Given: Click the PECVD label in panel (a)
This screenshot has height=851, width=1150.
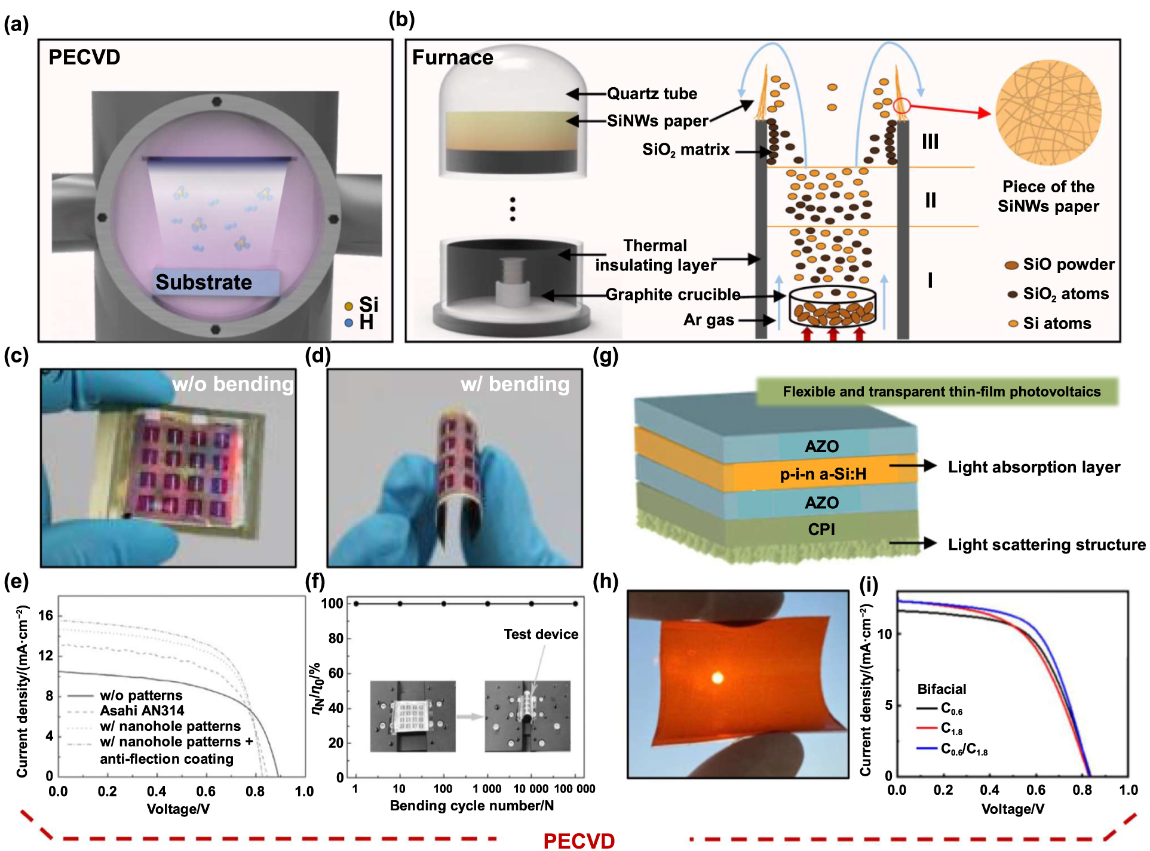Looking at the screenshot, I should pyautogui.click(x=84, y=57).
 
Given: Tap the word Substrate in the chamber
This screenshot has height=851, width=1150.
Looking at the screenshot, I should pyautogui.click(x=204, y=282).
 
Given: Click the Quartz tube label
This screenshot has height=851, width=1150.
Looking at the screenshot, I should pyautogui.click(x=652, y=94).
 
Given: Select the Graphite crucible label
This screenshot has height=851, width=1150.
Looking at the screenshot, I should pyautogui.click(x=673, y=294).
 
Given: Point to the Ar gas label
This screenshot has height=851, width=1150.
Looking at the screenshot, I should pyautogui.click(x=709, y=320).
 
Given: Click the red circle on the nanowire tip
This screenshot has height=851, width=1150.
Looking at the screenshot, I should pyautogui.click(x=902, y=106).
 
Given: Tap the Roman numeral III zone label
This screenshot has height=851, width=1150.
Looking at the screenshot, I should pyautogui.click(x=930, y=142).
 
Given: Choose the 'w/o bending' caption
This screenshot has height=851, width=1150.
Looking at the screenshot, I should pyautogui.click(x=233, y=384).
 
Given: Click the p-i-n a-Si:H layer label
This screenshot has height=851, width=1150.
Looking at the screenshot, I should pyautogui.click(x=823, y=474).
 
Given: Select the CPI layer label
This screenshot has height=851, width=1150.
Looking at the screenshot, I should pyautogui.click(x=821, y=529).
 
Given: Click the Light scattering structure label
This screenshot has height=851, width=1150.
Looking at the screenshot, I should pyautogui.click(x=1046, y=545).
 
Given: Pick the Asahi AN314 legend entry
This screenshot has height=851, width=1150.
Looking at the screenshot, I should pyautogui.click(x=142, y=711).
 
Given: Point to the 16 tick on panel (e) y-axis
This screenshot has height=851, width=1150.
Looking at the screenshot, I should pyautogui.click(x=45, y=615).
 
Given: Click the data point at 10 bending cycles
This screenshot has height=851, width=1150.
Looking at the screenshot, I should pyautogui.click(x=400, y=604).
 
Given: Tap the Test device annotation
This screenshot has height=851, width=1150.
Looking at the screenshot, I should pyautogui.click(x=541, y=634).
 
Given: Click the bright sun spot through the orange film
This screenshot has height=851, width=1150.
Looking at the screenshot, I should pyautogui.click(x=717, y=678).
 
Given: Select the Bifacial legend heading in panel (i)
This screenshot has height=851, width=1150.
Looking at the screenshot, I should pyautogui.click(x=942, y=689).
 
